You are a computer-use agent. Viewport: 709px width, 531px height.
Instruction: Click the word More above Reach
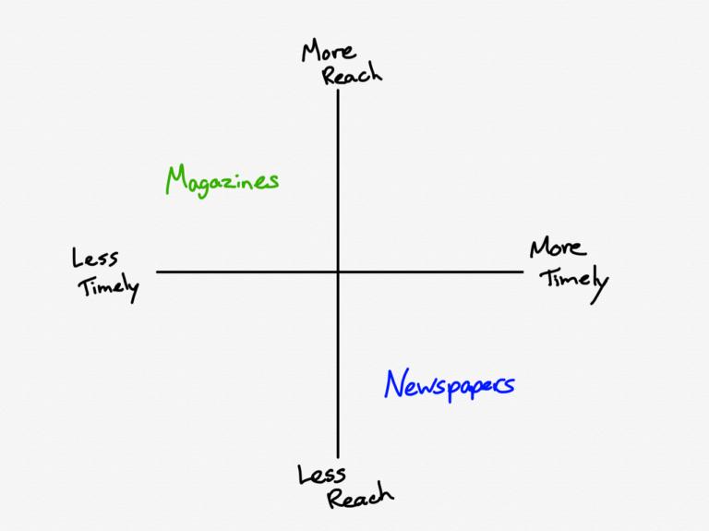[329, 51]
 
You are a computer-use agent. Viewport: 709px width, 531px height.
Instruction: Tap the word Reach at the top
[352, 74]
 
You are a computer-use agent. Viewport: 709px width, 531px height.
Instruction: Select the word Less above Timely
[94, 259]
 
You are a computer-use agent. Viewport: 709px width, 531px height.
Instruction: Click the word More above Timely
[557, 248]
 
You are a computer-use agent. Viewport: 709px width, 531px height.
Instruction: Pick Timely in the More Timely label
[573, 278]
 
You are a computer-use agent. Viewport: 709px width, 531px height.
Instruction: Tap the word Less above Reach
[322, 475]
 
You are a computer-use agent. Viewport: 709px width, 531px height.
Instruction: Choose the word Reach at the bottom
[360, 498]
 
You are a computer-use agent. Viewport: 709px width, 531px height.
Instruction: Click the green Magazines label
[222, 180]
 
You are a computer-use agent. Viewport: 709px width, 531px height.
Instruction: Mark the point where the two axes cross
[338, 272]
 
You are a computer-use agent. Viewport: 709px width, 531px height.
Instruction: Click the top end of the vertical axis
[338, 90]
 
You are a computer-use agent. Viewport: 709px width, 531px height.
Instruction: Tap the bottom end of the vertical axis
[338, 457]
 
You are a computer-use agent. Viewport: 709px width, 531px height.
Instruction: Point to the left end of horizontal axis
[158, 272]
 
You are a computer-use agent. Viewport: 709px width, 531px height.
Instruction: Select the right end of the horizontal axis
[523, 272]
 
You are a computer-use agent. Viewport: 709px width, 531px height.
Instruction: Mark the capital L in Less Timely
[77, 258]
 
